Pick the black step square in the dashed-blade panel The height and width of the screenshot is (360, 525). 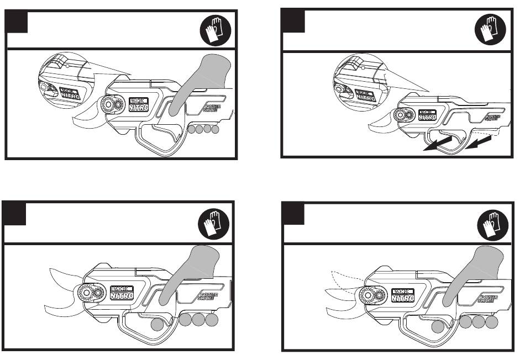click(x=293, y=213)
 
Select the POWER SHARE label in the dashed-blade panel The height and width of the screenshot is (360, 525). click(x=488, y=300)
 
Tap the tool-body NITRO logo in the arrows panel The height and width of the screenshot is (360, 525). click(x=426, y=115)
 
